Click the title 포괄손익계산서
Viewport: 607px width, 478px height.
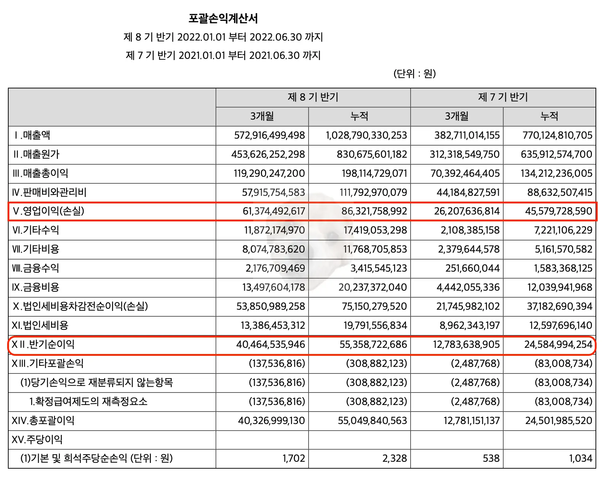tap(223, 18)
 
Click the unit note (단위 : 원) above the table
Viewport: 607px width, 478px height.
tap(414, 74)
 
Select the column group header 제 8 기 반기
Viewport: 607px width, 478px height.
tap(313, 97)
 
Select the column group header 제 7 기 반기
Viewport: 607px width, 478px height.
tap(503, 97)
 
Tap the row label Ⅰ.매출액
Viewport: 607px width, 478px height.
tap(32, 135)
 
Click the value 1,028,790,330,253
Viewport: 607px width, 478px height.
tap(366, 135)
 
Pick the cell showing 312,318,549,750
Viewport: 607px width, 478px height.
tap(464, 155)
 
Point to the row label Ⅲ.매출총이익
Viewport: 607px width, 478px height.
tap(40, 174)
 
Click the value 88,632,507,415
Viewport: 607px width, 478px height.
tap(560, 193)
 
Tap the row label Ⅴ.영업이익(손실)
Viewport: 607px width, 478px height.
tap(48, 211)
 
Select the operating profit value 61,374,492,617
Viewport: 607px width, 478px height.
tap(274, 211)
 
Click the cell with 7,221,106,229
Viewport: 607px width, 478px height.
tap(563, 230)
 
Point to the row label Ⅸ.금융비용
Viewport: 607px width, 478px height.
tap(36, 288)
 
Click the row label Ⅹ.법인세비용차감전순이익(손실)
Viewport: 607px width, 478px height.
tap(80, 307)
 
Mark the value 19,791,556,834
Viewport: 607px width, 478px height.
tap(375, 326)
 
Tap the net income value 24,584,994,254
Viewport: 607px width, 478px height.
tap(558, 345)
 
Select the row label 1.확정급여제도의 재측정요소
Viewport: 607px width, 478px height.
tap(88, 401)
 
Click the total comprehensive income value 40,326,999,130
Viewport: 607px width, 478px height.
tap(271, 421)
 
